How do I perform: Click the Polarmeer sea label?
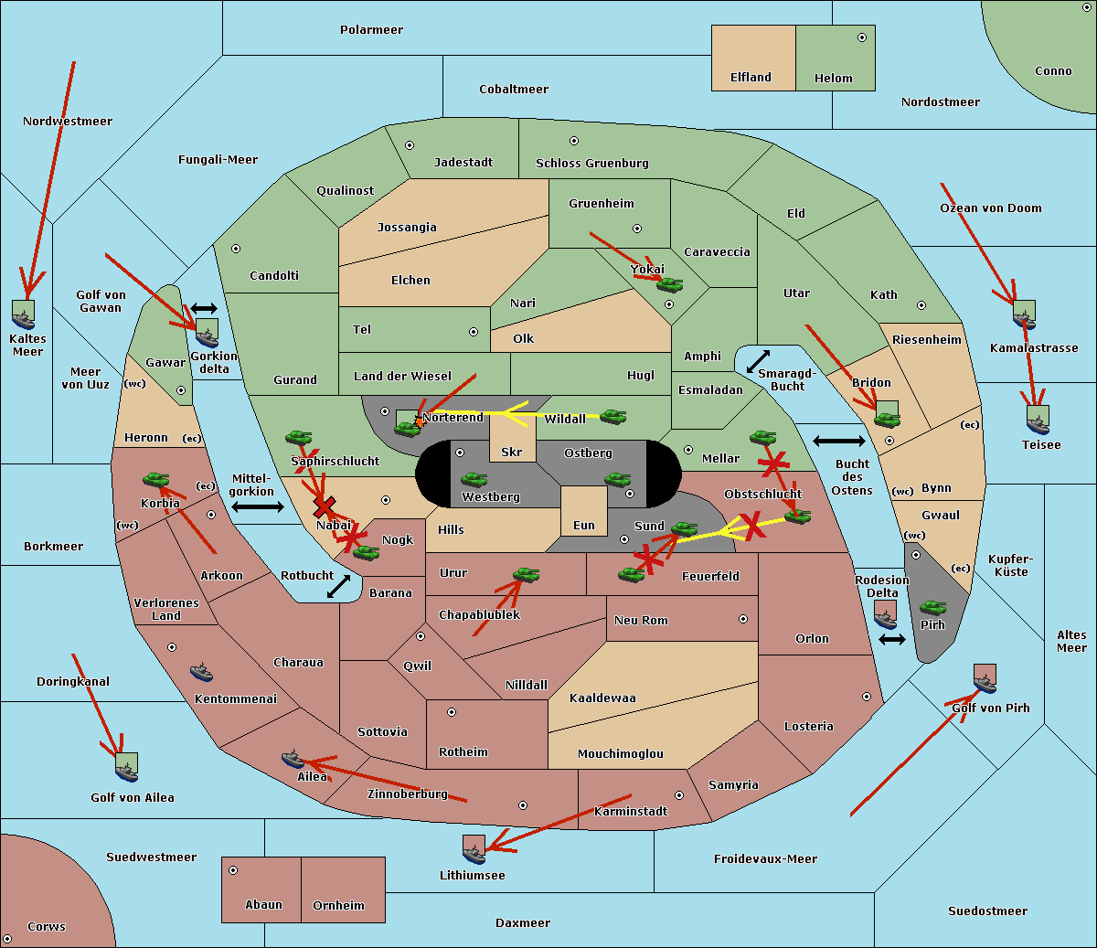tap(371, 30)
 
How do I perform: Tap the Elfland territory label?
tap(751, 78)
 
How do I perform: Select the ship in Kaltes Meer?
tap(24, 316)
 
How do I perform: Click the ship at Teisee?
tap(1038, 421)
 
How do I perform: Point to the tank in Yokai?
tap(670, 285)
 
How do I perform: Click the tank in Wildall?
tap(612, 417)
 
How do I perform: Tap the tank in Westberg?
tap(474, 479)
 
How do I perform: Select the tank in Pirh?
tap(932, 607)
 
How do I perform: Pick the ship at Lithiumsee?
tap(474, 851)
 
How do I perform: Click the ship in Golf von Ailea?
tap(127, 769)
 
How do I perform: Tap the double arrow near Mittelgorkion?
tap(257, 506)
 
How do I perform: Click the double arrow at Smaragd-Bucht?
tap(759, 361)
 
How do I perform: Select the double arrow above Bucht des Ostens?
tap(838, 442)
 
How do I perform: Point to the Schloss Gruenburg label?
tap(591, 164)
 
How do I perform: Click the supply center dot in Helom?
tap(861, 37)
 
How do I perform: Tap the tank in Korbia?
tap(155, 479)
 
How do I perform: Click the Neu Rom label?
tap(641, 621)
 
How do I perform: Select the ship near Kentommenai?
tap(202, 673)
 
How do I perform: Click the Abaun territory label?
tap(263, 905)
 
